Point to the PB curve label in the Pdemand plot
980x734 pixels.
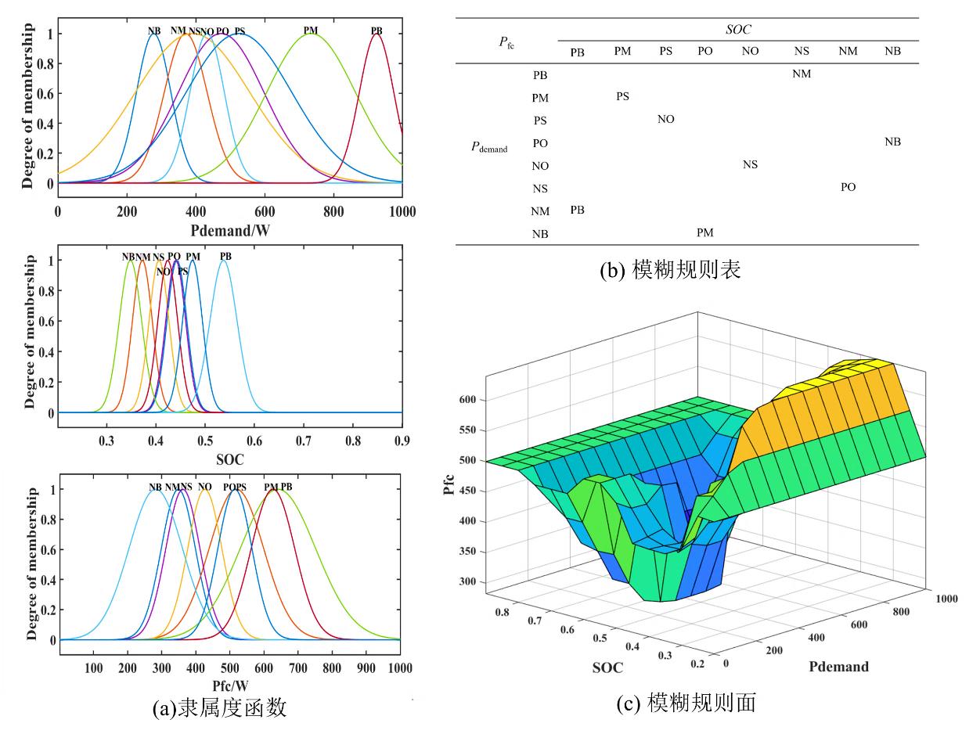coord(377,31)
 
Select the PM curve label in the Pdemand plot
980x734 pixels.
coord(311,31)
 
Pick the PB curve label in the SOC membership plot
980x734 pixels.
coord(225,257)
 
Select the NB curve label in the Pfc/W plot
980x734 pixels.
coord(155,487)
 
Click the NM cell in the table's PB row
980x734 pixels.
coord(802,74)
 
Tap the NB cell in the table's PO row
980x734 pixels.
coord(892,142)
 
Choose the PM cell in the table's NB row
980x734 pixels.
coord(704,232)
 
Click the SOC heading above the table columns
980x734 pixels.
coord(737,28)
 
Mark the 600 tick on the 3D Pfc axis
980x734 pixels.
coord(467,400)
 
